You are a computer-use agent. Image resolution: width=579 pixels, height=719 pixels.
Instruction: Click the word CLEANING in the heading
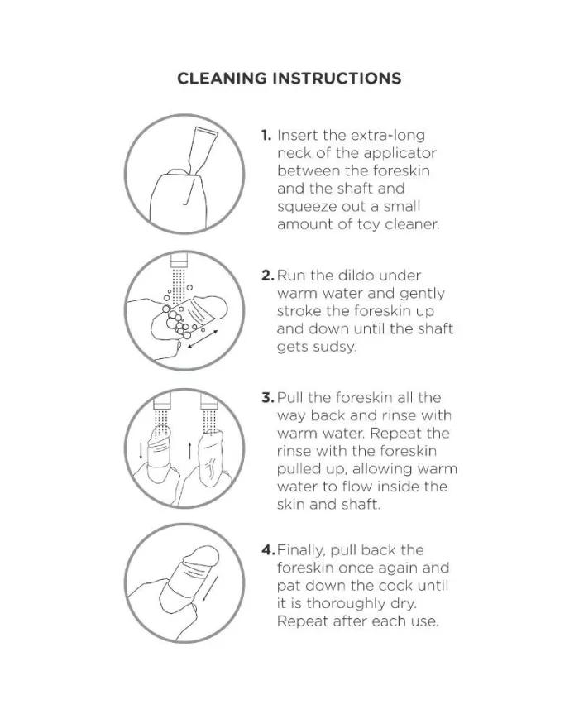[x=222, y=79]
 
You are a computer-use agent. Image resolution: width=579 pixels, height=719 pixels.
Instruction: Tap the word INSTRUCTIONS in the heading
[x=337, y=79]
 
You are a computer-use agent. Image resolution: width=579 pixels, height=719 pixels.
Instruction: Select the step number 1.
[x=266, y=135]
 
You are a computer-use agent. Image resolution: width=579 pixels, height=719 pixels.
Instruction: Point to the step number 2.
[x=268, y=276]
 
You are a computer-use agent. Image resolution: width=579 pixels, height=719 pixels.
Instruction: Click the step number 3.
[x=268, y=397]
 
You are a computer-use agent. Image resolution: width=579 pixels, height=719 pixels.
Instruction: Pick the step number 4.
[x=268, y=549]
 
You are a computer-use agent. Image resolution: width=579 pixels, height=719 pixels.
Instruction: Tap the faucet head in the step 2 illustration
[x=179, y=260]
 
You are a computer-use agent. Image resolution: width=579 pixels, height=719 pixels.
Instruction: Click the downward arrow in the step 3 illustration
[x=141, y=450]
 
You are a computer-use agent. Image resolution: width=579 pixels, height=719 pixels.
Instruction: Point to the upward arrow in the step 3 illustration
[x=189, y=450]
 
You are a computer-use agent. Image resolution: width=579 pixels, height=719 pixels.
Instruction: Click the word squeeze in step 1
[x=306, y=208]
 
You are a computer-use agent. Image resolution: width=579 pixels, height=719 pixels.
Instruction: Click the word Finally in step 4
[x=302, y=550]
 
